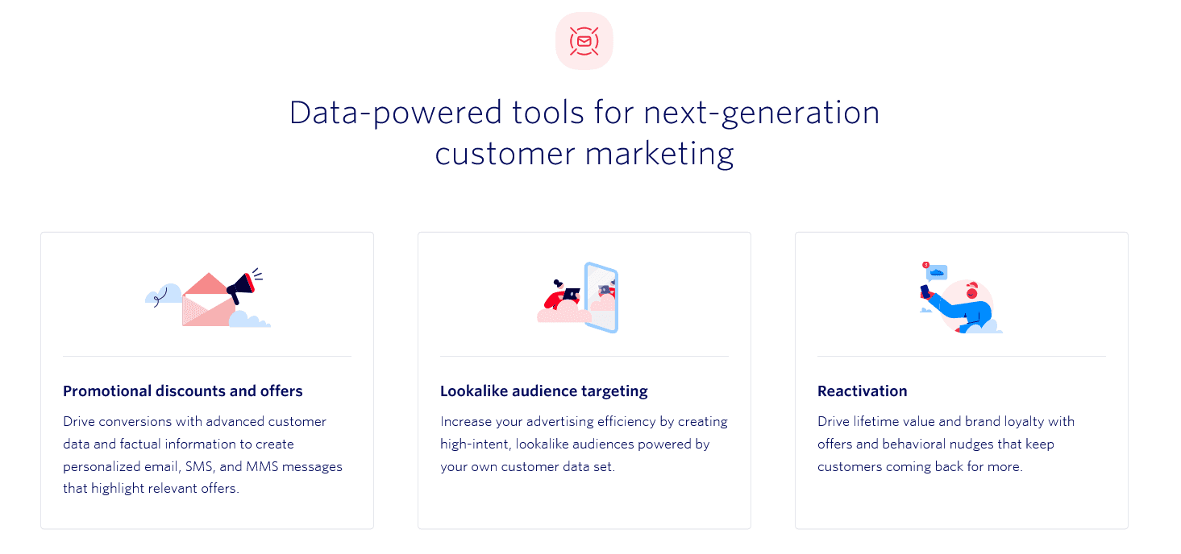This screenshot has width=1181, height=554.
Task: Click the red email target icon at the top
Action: (584, 41)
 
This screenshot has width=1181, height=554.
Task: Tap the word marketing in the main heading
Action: (659, 155)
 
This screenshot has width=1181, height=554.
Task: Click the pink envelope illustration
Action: (209, 300)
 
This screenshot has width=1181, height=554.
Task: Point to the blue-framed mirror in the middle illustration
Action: (601, 298)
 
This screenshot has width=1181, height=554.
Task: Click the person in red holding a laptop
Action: (562, 296)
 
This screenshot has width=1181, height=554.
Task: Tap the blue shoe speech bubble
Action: (937, 273)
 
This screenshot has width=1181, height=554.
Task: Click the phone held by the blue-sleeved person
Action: (925, 291)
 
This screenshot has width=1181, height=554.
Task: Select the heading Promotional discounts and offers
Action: (182, 391)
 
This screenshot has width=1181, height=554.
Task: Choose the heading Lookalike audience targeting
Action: (543, 391)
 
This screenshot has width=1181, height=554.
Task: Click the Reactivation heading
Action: (862, 391)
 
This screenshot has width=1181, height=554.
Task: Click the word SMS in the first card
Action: (199, 466)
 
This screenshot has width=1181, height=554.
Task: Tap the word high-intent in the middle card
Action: (475, 444)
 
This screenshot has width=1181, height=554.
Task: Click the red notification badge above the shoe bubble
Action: (925, 265)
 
